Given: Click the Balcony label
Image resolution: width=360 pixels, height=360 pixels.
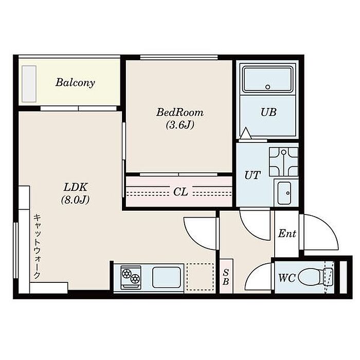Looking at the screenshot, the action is coord(75,82).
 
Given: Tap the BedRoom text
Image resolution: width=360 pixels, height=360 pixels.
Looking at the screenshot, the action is coord(180,113).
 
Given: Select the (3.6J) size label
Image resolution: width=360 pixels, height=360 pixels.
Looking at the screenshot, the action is coord(180,125).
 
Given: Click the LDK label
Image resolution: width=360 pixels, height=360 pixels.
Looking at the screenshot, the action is coord(75,187).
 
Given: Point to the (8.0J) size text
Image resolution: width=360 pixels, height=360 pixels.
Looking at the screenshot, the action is coord(75,200).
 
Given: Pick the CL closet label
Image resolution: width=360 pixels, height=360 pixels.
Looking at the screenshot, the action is coord(181,192).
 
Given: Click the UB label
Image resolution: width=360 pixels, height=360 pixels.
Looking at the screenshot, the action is coord(268,112).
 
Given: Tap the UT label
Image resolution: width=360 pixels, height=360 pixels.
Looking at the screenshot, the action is coord(253,175).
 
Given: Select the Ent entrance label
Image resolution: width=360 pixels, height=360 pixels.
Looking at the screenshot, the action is coord(287,233).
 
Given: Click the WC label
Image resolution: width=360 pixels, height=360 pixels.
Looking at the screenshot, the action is coord(287,278).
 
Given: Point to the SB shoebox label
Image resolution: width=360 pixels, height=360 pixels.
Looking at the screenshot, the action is coord(226,277).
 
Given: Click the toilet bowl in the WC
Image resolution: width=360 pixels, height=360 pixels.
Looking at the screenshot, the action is coord(311,278).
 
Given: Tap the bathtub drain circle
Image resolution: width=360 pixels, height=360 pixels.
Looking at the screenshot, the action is coord(268,87).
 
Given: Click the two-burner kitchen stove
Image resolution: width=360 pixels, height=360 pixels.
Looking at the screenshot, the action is coord(131,277).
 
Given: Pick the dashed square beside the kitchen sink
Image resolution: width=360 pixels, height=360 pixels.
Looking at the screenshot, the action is coord(200,277).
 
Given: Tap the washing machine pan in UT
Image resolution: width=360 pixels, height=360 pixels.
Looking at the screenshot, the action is coord(283,161).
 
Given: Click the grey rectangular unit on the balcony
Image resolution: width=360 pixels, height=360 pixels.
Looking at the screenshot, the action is coord(29,84).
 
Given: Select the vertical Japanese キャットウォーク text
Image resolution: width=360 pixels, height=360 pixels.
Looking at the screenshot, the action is coord(37,246).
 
